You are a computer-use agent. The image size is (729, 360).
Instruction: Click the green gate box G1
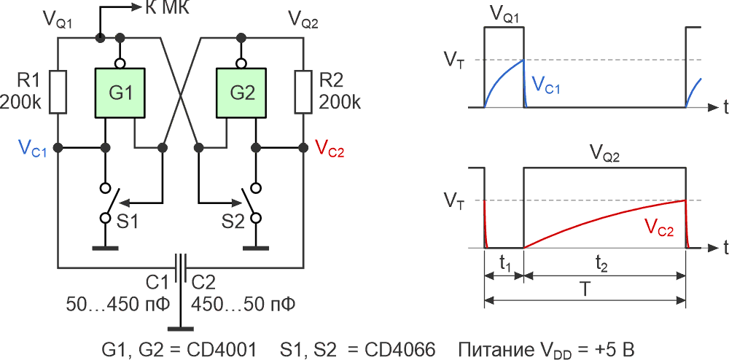(x=120, y=93)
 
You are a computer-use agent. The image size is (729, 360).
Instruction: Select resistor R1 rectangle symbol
(x=58, y=92)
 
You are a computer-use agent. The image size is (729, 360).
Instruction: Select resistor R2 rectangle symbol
(x=303, y=92)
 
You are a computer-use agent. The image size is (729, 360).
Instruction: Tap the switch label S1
(x=128, y=222)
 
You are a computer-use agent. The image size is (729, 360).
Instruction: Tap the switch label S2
(x=232, y=222)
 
